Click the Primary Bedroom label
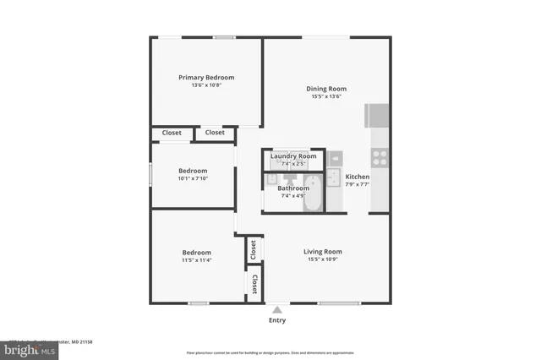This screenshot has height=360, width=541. pyautogui.click(x=206, y=77)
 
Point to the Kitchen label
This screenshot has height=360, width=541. pyautogui.click(x=358, y=177)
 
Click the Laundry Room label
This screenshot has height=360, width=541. pyautogui.click(x=293, y=156)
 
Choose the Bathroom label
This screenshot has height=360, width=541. pyautogui.click(x=292, y=188)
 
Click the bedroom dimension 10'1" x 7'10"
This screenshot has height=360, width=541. pyautogui.click(x=193, y=178)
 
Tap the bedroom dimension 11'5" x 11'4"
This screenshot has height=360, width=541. pyautogui.click(x=197, y=260)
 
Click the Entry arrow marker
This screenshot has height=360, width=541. pyautogui.click(x=276, y=310)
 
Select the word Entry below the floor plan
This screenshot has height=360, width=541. pyautogui.click(x=277, y=320)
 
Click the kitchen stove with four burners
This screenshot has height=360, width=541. pyautogui.click(x=380, y=156)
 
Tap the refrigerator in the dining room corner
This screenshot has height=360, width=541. pyautogui.click(x=377, y=115)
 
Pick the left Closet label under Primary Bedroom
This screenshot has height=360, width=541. pyautogui.click(x=172, y=133)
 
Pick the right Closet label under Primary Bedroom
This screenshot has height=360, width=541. pyautogui.click(x=215, y=133)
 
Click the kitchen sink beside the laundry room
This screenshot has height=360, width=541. pyautogui.click(x=336, y=157)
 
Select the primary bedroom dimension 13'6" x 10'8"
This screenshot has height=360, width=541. pyautogui.click(x=206, y=85)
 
